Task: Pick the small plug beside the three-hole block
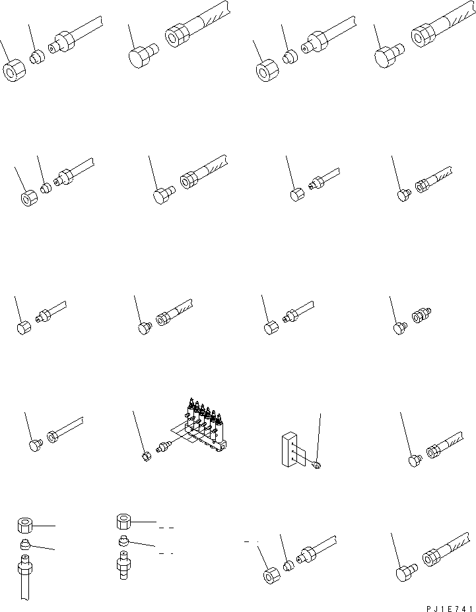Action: [x=317, y=466]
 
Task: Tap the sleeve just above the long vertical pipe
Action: [x=24, y=544]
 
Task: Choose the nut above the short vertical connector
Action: [x=123, y=522]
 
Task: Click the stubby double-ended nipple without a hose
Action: [x=419, y=316]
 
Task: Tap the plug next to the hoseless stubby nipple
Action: [x=399, y=326]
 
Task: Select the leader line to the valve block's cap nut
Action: [x=139, y=429]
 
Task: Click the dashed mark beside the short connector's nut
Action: [x=166, y=528]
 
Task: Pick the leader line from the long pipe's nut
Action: [x=45, y=526]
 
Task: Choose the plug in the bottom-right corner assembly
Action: [x=405, y=574]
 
